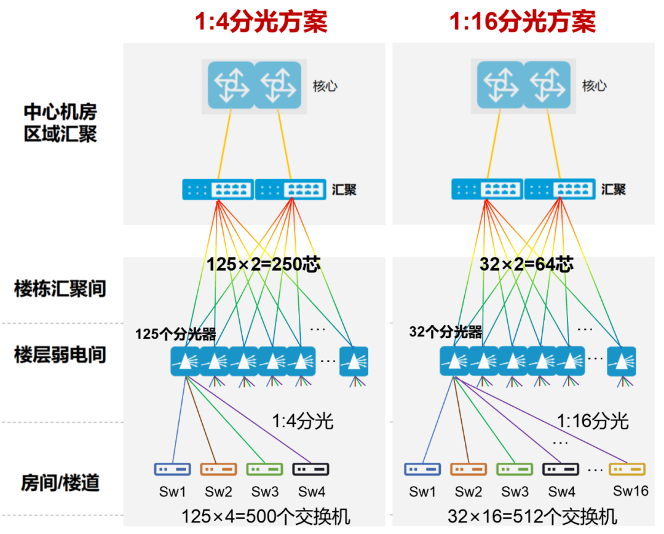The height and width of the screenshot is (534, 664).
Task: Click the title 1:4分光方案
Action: [x=261, y=22]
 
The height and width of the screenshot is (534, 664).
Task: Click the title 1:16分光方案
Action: [x=522, y=22]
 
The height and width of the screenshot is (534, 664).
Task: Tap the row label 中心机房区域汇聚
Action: [x=60, y=123]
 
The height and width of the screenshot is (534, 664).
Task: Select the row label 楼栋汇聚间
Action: [x=60, y=288]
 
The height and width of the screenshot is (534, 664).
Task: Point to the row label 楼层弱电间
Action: [x=60, y=355]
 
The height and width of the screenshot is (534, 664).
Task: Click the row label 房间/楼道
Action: [x=60, y=482]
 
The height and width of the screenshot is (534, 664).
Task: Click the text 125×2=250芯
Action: [x=263, y=265]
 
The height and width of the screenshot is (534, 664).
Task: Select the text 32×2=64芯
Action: [x=526, y=265]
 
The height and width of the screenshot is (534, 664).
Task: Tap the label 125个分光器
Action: [x=176, y=334]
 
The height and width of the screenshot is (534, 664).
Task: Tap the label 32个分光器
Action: [x=445, y=332]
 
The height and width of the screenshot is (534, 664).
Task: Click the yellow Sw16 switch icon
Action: [x=627, y=469]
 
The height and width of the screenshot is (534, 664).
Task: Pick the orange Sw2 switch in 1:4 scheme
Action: [x=218, y=469]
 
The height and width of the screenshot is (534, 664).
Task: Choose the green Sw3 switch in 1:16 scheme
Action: [x=515, y=469]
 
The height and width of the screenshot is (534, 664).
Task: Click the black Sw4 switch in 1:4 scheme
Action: [x=310, y=469]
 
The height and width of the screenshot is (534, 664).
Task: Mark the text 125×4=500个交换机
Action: [x=266, y=516]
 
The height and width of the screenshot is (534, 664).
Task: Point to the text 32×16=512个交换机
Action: [x=532, y=516]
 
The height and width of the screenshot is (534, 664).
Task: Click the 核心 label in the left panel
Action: [x=325, y=86]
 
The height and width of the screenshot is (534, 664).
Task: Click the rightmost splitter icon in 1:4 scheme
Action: [x=354, y=361]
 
